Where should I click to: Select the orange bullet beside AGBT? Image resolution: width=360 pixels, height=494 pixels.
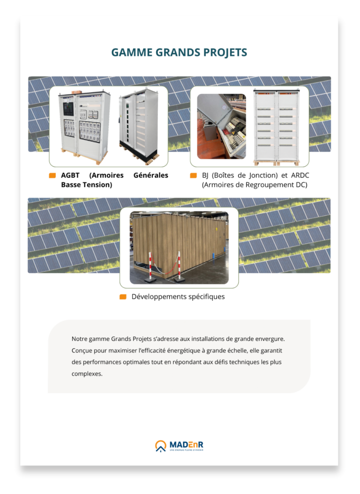tap(52, 175)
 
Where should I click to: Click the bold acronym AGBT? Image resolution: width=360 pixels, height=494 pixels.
tap(70, 175)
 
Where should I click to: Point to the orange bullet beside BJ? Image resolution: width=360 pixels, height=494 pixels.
tap(194, 175)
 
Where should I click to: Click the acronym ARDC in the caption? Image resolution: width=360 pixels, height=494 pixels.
tap(300, 175)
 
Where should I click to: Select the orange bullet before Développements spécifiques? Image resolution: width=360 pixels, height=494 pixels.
tap(123, 297)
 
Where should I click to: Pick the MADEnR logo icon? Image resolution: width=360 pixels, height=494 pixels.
tap(161, 446)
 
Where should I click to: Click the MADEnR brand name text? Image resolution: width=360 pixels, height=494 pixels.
tap(186, 445)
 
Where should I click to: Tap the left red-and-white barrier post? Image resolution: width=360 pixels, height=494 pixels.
tap(150, 266)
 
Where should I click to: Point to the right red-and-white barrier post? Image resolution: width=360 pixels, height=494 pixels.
tap(179, 267)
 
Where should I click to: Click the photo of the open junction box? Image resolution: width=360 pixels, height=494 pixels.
tap(222, 126)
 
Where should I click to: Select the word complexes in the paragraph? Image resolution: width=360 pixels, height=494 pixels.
tap(87, 374)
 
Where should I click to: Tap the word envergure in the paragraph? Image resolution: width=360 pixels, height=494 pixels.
tap(270, 339)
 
